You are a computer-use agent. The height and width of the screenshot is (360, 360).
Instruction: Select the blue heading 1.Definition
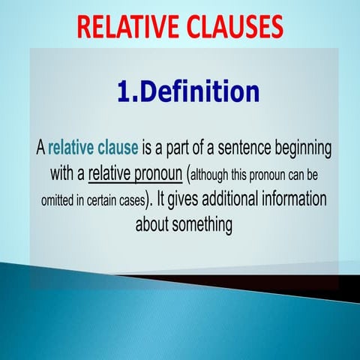click(188, 91)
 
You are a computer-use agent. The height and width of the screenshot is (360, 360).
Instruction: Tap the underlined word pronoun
click(159, 174)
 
